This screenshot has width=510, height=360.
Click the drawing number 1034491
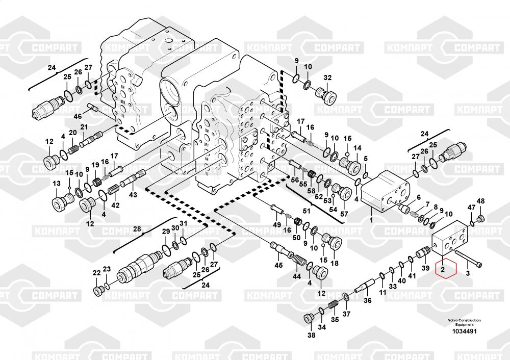point(464,331)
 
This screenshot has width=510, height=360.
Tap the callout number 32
point(327,78)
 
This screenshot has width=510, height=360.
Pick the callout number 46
point(78,116)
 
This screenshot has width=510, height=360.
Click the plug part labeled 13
point(60,201)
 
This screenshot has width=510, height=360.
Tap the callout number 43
point(133,195)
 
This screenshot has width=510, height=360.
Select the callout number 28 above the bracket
point(136,229)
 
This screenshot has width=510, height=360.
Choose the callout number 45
point(278,265)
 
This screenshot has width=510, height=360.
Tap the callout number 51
point(307,211)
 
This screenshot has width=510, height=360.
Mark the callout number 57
point(344,214)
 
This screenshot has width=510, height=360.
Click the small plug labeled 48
point(480,219)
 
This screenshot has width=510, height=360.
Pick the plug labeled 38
point(309,319)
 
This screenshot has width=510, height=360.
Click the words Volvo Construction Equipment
point(464,322)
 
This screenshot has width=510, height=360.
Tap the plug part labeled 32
point(324,94)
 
